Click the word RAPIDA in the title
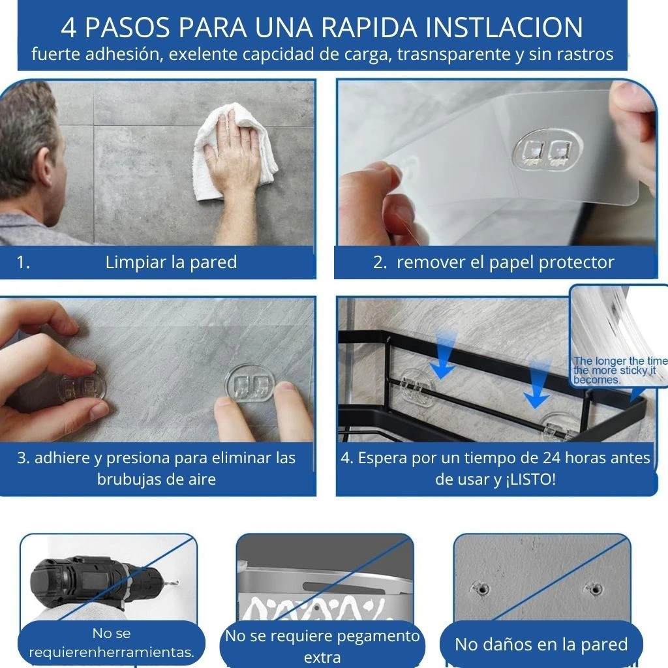pyautogui.click(x=369, y=27)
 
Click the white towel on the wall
pyautogui.click(x=234, y=151)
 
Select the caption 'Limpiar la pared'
pyautogui.click(x=171, y=262)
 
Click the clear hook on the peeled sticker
pyautogui.click(x=547, y=150)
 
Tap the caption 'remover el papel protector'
pyautogui.click(x=506, y=262)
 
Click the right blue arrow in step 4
pyautogui.click(x=537, y=384)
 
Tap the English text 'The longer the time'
pyautogui.click(x=620, y=361)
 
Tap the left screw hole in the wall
pyautogui.click(x=482, y=590)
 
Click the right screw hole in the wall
pyautogui.click(x=594, y=589)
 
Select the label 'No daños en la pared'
pyautogui.click(x=541, y=645)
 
